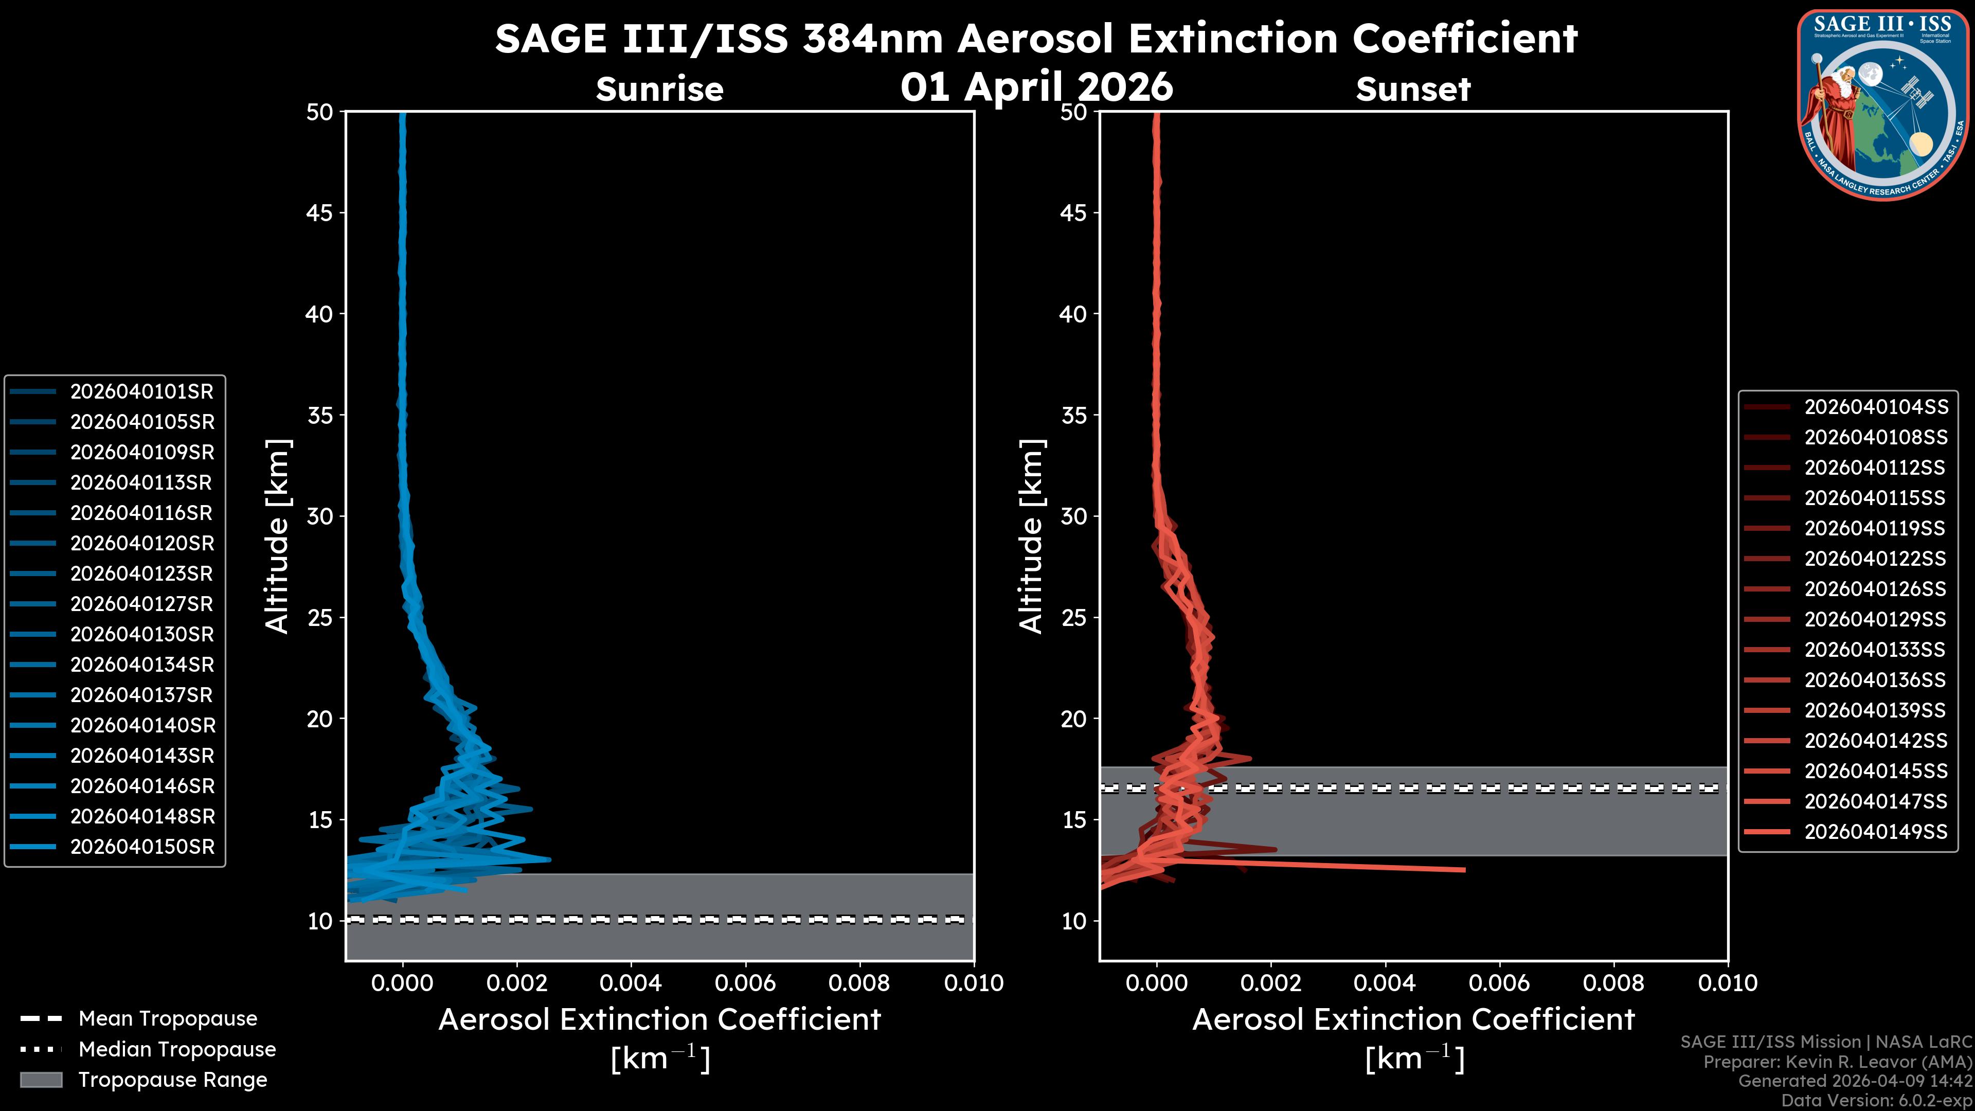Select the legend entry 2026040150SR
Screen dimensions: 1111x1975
142,847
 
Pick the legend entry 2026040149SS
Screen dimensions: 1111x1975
1875,832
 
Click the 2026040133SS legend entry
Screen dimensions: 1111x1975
1875,650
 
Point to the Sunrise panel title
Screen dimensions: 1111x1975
659,89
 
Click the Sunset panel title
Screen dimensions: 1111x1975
1413,89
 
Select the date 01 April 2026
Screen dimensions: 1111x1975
1036,86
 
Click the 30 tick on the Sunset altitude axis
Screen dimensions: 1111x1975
1073,516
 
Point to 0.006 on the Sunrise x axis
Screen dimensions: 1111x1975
745,983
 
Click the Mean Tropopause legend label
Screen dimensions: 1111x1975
168,1019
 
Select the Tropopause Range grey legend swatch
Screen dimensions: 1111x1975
41,1080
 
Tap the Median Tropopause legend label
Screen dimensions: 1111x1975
177,1049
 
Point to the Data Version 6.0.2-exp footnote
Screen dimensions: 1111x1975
1877,1100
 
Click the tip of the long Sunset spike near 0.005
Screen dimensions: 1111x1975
1464,869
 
